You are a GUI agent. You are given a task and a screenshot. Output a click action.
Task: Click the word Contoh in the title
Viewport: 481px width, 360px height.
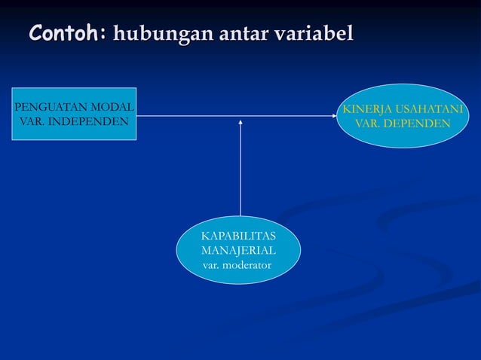tap(66, 33)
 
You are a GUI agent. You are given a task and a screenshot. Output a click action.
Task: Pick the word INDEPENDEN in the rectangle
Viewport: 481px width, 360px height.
tap(86, 121)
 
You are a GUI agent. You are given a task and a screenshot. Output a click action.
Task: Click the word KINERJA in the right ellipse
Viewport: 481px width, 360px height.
tap(367, 110)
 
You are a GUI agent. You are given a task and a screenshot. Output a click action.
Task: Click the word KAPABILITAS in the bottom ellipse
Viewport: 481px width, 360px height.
tap(238, 237)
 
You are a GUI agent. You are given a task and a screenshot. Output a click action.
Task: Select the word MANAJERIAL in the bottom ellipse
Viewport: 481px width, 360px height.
tap(238, 251)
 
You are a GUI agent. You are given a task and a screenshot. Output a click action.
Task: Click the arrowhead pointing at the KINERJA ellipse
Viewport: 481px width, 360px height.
tap(336, 116)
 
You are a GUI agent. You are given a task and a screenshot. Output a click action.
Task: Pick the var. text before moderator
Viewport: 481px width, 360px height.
tap(212, 266)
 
